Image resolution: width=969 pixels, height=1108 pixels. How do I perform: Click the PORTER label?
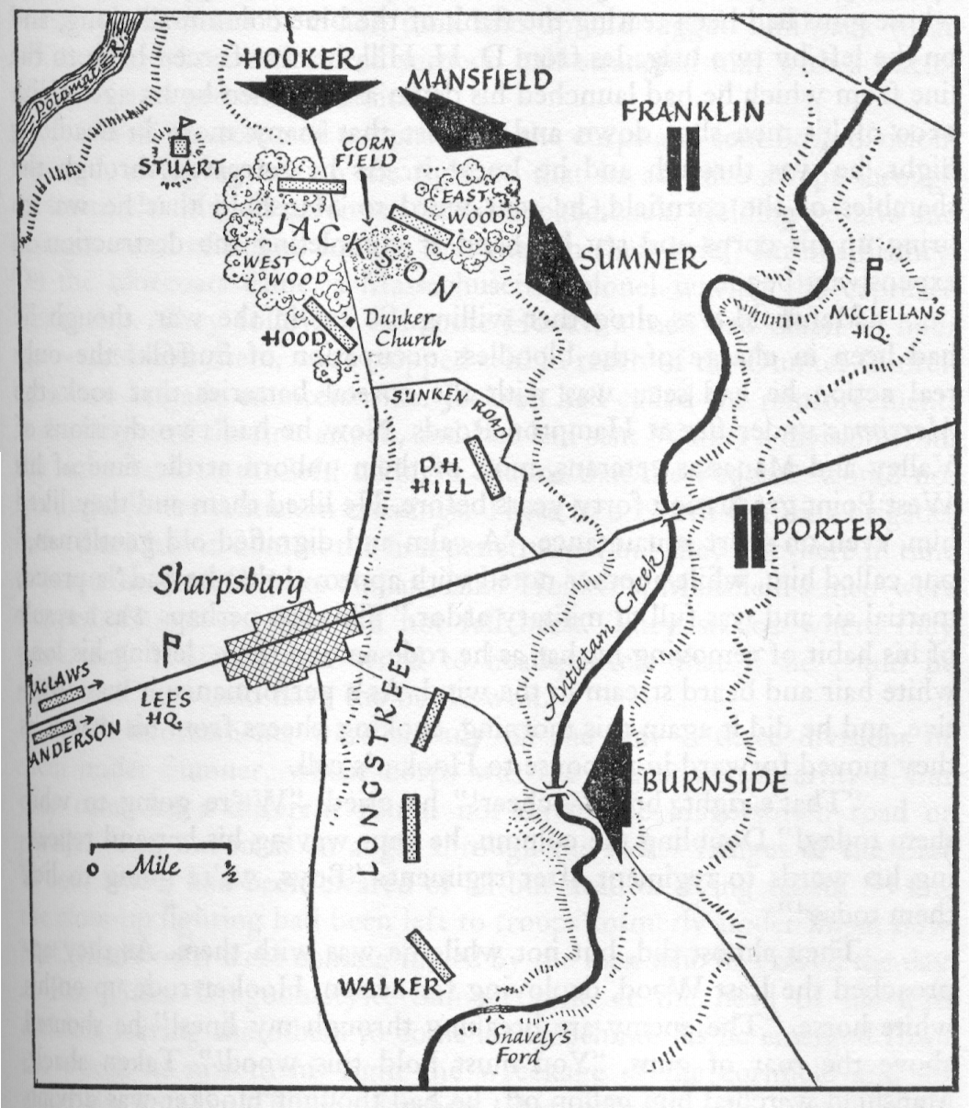[x=832, y=530]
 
